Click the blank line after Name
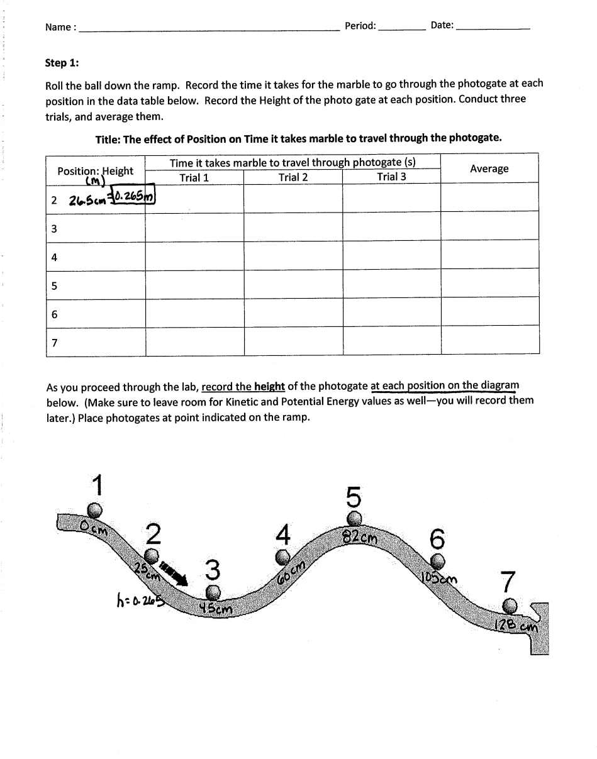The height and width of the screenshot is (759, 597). click(x=208, y=29)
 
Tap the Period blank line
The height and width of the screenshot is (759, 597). click(x=402, y=29)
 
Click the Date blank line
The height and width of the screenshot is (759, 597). click(x=493, y=29)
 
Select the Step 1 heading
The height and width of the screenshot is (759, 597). click(x=62, y=63)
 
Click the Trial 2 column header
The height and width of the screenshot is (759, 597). click(x=293, y=177)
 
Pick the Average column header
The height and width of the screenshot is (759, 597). click(x=489, y=169)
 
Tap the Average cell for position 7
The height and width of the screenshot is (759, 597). click(x=489, y=341)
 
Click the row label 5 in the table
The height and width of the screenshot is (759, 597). click(x=55, y=286)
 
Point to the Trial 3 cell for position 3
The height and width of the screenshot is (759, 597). click(x=391, y=226)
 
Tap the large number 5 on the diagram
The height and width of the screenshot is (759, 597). click(x=354, y=497)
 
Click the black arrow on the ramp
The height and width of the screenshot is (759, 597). click(x=174, y=573)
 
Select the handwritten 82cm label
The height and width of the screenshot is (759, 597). click(x=360, y=538)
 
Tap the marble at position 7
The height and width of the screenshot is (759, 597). click(x=510, y=606)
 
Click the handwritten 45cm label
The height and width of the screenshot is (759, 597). click(x=216, y=609)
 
